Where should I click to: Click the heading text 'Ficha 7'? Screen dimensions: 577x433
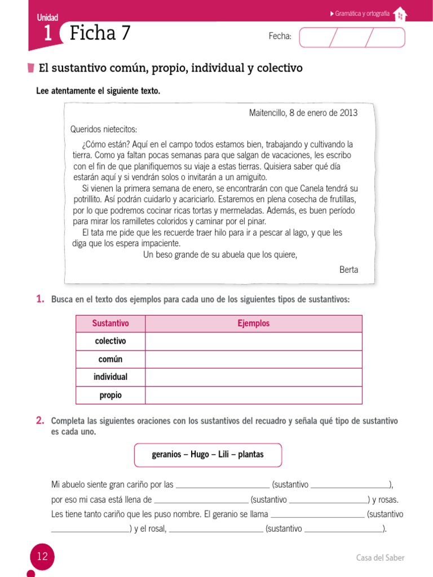pos(100,34)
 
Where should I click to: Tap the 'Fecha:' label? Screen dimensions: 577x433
pos(280,37)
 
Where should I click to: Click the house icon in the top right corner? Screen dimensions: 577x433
pos(400,15)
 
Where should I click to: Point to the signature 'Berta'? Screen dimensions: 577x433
pos(348,269)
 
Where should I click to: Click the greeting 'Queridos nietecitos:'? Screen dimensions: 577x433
pos(103,130)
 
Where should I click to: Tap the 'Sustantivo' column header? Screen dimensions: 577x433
pos(111,323)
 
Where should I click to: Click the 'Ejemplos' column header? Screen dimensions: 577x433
pos(253,323)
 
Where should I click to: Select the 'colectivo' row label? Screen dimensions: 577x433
pos(111,341)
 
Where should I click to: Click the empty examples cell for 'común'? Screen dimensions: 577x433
pos(253,359)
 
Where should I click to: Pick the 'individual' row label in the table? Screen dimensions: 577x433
pos(111,377)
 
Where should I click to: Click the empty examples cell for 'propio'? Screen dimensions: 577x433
pos(253,395)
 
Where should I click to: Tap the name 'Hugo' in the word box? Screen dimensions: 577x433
pos(200,454)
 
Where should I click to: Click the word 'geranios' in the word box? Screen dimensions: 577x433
pos(167,454)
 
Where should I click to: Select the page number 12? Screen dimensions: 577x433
pos(42,557)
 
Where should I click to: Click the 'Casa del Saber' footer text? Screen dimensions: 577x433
pos(380,558)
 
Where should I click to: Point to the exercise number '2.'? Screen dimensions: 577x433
pos(40,420)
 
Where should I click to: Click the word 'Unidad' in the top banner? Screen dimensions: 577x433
pos(48,18)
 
